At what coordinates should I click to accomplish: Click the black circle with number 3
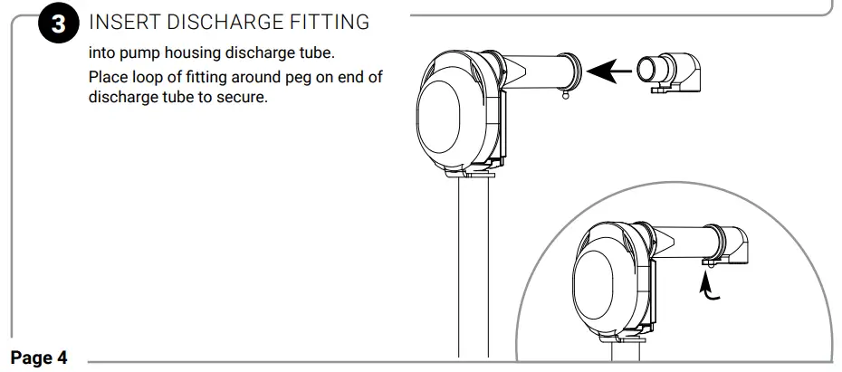(x=58, y=25)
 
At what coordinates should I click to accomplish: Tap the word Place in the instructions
(x=108, y=77)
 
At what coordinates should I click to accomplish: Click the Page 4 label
(x=39, y=358)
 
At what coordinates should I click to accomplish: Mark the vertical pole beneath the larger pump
(x=476, y=272)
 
